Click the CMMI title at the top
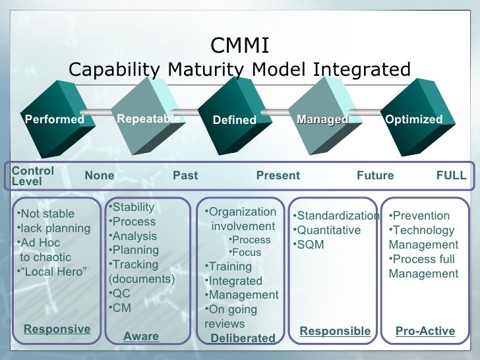coord(239,46)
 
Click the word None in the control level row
coord(100,175)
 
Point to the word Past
coord(185,175)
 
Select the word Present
coord(278,175)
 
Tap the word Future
coord(375,175)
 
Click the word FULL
coord(452,175)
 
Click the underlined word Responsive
coord(57,329)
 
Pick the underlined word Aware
coord(141,336)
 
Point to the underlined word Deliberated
coord(243,338)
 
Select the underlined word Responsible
coord(335,331)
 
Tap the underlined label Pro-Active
coord(425,331)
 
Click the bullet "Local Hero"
coord(53,272)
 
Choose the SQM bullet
coord(310,245)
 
